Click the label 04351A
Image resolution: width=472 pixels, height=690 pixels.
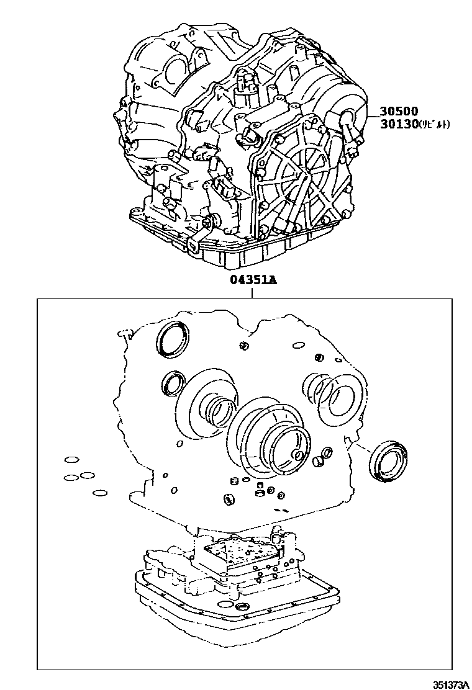pos(253,279)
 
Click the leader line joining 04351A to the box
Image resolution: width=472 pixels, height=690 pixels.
pos(253,292)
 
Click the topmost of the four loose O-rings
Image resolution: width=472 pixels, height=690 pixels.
pos(71,460)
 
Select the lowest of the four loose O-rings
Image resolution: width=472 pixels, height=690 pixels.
pos(100,493)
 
